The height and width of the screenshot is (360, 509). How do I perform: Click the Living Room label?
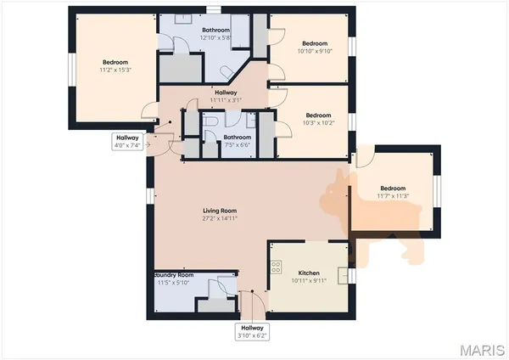tap(219, 211)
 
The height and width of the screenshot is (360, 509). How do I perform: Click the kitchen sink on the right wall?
tap(343, 275)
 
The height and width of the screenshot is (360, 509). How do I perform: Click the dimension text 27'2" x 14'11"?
tap(219, 218)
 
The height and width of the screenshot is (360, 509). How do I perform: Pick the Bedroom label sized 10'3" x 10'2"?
tap(317, 115)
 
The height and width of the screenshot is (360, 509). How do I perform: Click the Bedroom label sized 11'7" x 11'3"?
tap(394, 188)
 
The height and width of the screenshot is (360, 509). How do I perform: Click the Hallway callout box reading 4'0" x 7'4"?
tap(127, 141)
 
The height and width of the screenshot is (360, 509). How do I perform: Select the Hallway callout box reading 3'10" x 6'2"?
tap(253, 331)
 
